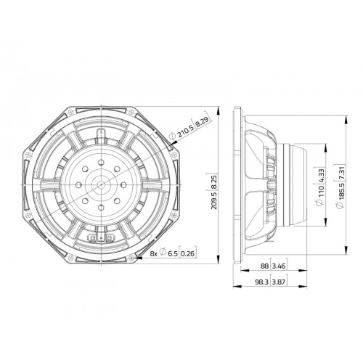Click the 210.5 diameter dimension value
click(186, 131)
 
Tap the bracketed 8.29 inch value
click(202, 121)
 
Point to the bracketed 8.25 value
click(213, 180)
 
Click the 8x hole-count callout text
click(154, 253)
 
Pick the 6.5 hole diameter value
click(173, 253)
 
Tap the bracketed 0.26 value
click(187, 253)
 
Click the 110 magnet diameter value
click(320, 192)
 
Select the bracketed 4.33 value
click(320, 175)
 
